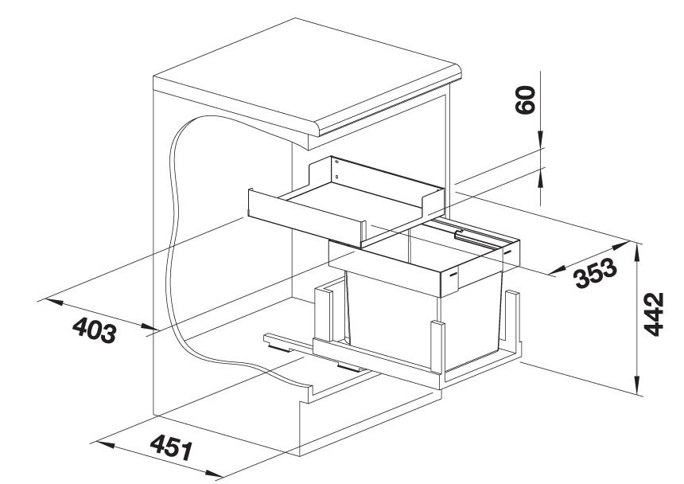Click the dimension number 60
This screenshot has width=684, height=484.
525,100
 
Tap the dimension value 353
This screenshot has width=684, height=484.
596,273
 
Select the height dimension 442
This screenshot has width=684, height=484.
654,314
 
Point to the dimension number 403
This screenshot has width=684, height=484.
94,330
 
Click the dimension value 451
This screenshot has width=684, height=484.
171,447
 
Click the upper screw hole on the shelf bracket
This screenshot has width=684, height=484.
336,162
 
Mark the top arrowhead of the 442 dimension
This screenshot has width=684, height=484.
638,253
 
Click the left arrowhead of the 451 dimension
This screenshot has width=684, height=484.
106,445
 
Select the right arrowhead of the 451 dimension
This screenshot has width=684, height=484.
214,473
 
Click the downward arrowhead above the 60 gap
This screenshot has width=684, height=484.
540,139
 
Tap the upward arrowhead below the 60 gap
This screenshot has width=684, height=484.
540,178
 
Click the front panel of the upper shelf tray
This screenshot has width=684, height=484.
305,218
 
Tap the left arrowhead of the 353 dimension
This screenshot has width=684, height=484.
559,271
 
